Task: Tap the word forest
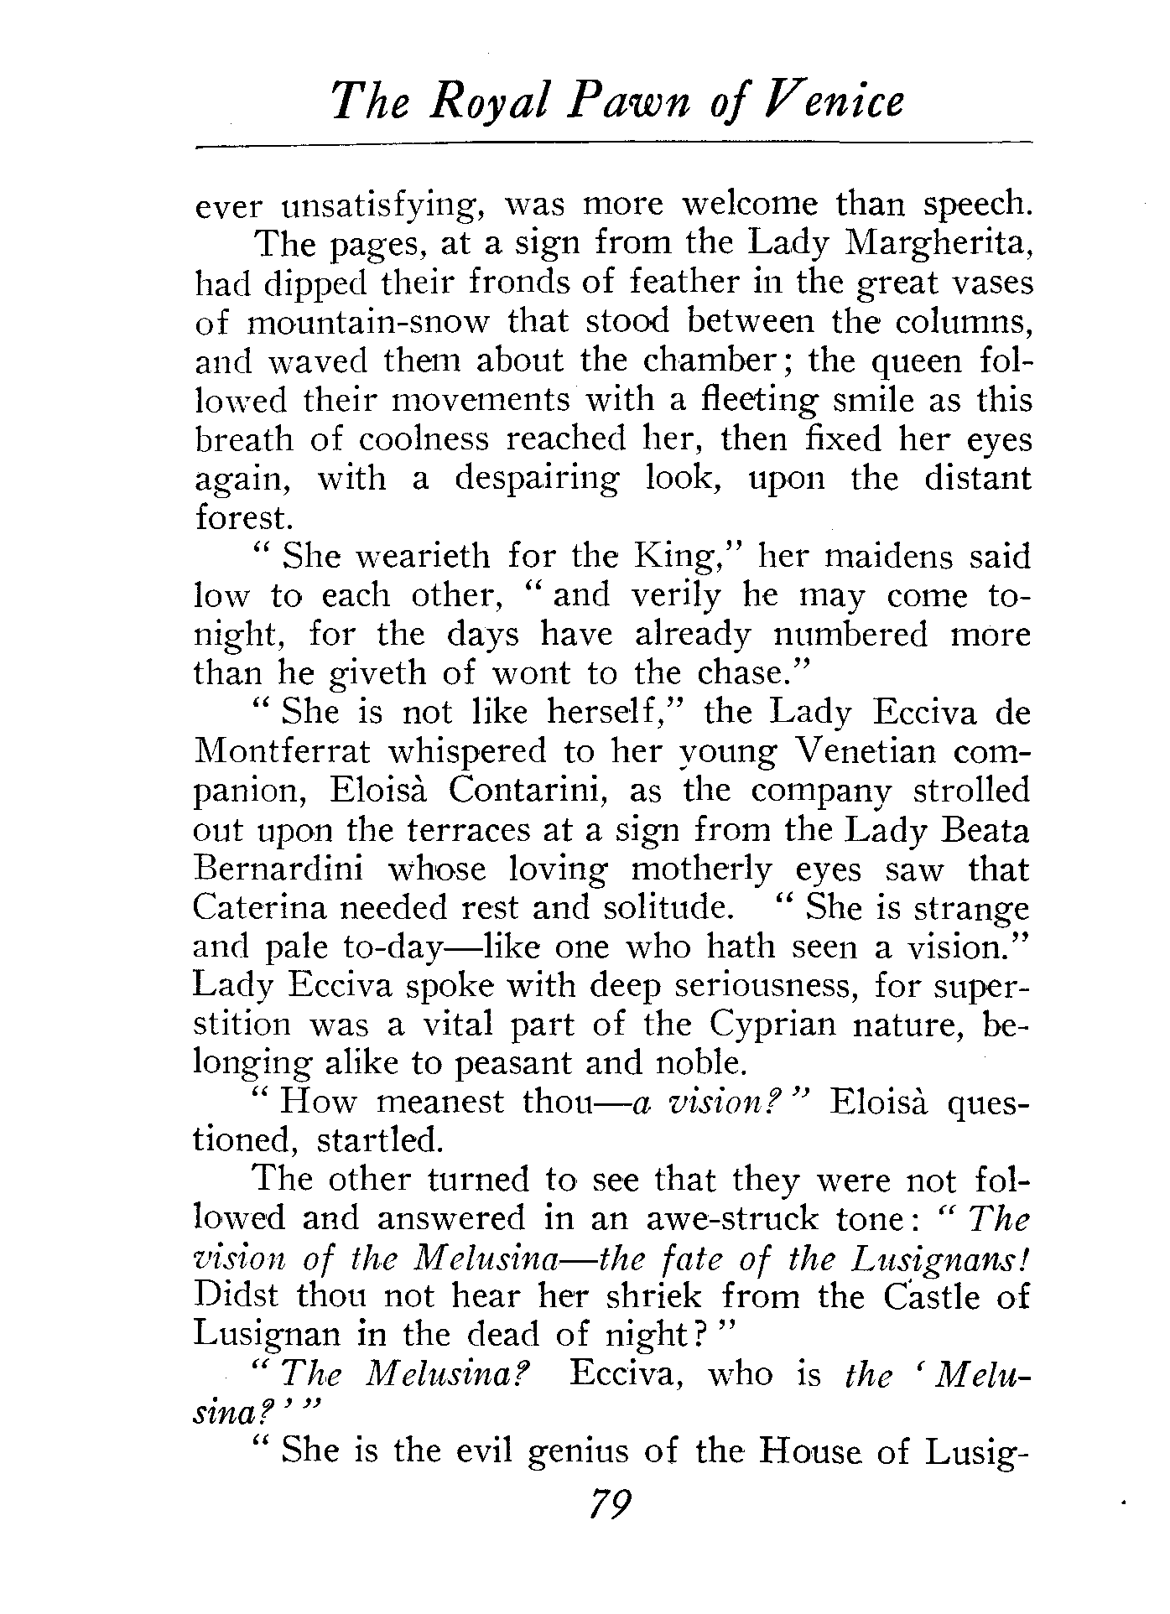(242, 517)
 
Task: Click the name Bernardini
(278, 869)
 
